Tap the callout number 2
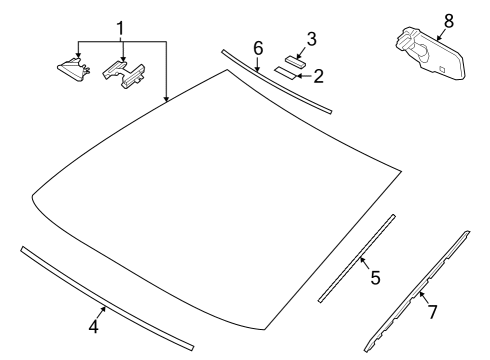point(319,75)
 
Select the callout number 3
point(311,39)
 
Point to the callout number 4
point(93,327)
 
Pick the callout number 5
point(375,278)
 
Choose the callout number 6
point(257,48)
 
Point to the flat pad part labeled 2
point(288,74)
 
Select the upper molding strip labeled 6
point(275,79)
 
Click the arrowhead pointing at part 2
point(300,74)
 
